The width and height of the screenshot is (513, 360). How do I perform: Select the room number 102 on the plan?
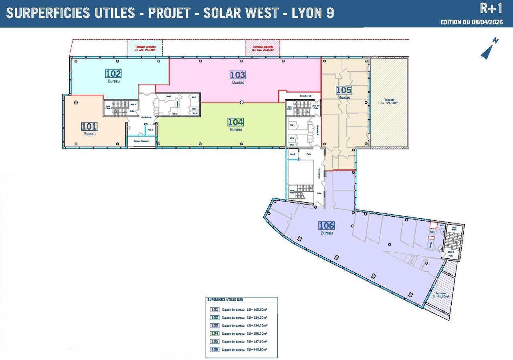[x=113, y=74]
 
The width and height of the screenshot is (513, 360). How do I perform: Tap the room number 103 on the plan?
[x=238, y=75]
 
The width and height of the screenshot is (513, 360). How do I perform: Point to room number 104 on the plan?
[x=236, y=122]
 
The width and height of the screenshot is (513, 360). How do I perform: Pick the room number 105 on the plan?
[x=343, y=90]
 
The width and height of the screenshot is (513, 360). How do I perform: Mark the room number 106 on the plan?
[x=326, y=226]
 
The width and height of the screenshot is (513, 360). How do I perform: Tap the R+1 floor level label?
[x=491, y=8]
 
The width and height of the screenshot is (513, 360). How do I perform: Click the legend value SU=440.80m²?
[x=257, y=350]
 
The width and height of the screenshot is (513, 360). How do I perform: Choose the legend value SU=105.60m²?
[x=257, y=310]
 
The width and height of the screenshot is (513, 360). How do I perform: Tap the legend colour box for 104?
[x=215, y=334]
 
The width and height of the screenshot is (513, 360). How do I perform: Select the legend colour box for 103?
[x=215, y=326]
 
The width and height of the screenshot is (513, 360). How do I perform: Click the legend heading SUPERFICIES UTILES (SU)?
[x=225, y=300]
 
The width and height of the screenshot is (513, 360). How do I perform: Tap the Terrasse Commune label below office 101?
[x=141, y=141]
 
